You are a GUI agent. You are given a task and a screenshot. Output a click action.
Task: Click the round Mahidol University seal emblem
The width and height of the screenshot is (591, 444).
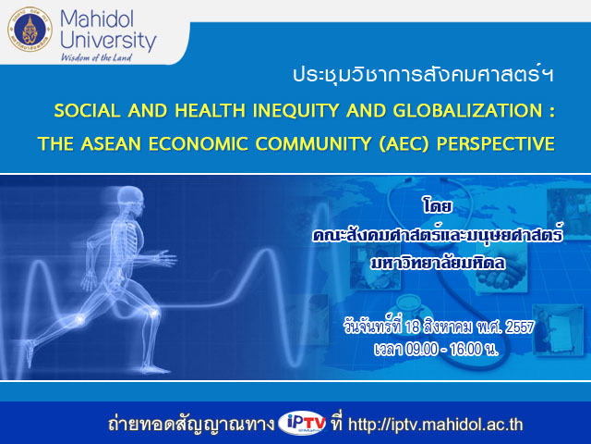coord(30,30)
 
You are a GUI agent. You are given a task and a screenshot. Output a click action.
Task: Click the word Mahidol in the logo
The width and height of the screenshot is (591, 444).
coord(97,18)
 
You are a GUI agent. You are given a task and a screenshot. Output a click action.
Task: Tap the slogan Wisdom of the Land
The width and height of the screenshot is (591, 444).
coord(96,57)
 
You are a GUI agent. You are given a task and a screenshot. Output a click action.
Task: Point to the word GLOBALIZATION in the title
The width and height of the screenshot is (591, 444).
coord(467,111)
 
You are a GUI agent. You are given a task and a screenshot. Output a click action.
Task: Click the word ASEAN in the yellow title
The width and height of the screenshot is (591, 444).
coord(111,144)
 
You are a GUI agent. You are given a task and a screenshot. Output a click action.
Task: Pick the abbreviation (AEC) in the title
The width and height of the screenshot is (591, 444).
coord(404,144)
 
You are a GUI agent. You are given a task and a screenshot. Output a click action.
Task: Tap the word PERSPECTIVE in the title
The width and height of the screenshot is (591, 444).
coord(495,144)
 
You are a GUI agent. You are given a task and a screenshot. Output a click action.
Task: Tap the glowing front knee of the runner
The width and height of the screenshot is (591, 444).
coord(154,313)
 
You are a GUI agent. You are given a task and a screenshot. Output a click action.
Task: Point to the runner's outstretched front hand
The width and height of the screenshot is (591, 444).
coord(166,258)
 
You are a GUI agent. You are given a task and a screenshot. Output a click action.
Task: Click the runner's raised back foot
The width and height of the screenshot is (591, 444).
coord(30,351)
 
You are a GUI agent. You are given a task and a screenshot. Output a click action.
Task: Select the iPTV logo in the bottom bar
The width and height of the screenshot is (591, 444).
coord(302,424)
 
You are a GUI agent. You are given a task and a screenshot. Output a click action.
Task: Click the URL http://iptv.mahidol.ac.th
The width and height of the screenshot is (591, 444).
coord(435,425)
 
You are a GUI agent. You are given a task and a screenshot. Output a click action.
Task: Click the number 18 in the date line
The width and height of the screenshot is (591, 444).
coord(412,327)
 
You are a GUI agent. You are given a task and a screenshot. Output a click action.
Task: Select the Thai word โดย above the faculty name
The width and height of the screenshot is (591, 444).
coord(437,206)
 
